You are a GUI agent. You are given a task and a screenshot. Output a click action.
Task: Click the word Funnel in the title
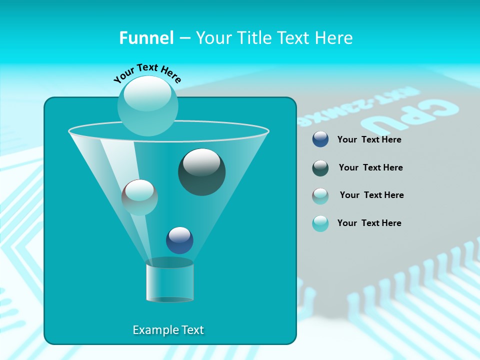coord(146,38)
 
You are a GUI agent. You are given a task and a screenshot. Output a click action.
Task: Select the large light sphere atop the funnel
coord(147,105)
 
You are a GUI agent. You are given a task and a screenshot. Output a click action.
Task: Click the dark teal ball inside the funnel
coord(201,172)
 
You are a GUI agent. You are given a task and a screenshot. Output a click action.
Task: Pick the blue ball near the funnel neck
coord(179,240)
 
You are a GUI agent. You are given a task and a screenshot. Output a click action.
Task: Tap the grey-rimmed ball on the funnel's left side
coord(139,197)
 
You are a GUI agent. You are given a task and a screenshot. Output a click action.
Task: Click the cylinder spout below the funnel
coord(169,281)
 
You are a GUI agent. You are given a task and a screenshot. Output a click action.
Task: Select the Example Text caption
coord(168,330)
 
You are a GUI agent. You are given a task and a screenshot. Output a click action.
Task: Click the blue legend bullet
coord(320,139)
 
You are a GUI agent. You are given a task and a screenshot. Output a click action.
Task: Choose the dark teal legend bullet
coord(320,167)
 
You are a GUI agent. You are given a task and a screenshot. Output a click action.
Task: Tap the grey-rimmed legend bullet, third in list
coord(320,195)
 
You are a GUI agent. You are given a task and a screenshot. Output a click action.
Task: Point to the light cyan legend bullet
coord(320,223)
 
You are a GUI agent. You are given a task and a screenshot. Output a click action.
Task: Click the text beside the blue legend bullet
coord(369,140)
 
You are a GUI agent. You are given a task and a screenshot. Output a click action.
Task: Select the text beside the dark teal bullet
coord(370,168)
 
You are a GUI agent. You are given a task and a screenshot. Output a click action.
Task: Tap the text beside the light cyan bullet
coord(369,223)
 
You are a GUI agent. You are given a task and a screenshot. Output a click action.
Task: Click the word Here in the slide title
coord(334,38)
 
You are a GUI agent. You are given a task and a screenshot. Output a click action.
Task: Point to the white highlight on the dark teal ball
coord(201,161)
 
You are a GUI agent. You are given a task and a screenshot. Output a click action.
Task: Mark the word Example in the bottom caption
coord(152,330)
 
